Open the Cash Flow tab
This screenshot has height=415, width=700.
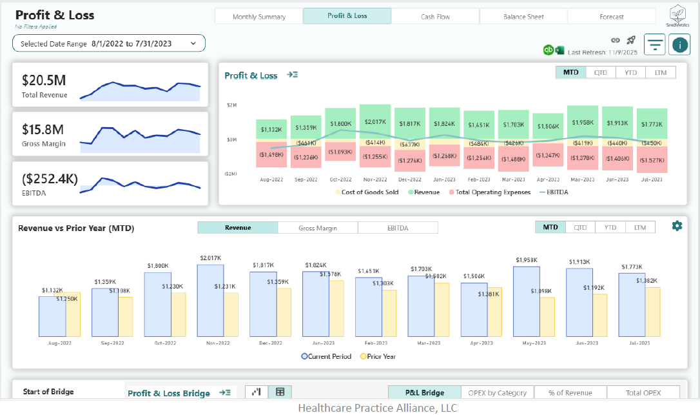[435, 17]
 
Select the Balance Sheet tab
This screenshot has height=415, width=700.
[523, 17]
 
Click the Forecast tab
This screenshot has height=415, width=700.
[611, 17]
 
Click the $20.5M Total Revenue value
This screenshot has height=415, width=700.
[44, 81]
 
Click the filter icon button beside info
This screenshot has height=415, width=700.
[655, 45]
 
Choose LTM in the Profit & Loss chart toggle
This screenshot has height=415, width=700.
[660, 72]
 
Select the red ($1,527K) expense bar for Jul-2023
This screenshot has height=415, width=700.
[652, 160]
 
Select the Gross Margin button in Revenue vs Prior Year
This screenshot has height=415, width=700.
[318, 228]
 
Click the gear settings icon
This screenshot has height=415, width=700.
[677, 226]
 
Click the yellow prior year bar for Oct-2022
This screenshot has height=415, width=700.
[173, 314]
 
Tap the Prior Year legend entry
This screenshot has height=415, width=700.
[378, 356]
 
